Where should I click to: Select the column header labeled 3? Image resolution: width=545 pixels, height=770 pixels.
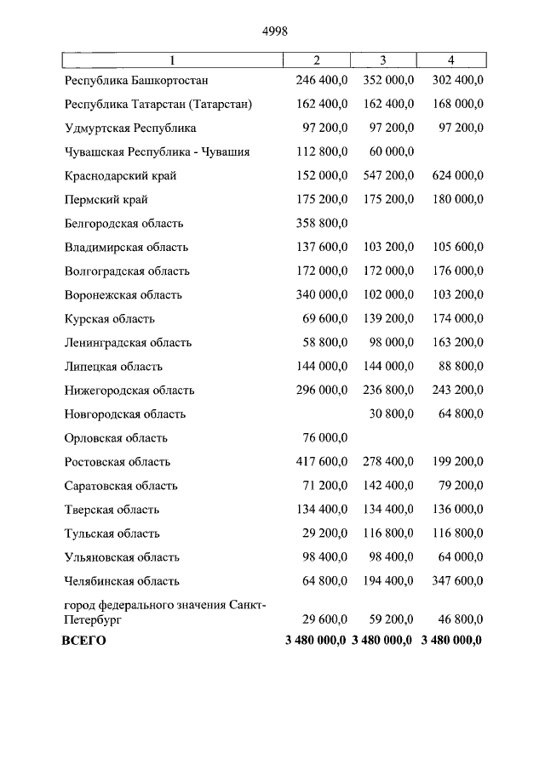[x=383, y=60]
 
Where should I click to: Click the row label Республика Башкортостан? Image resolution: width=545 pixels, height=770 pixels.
[x=136, y=81]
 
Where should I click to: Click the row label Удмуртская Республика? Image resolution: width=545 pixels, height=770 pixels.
[x=129, y=128]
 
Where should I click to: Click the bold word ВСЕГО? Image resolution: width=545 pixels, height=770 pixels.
[x=84, y=640]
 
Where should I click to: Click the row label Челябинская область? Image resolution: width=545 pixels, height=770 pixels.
[x=122, y=581]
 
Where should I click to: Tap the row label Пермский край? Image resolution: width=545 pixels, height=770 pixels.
[x=106, y=200]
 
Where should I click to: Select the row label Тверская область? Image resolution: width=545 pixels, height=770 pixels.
[x=112, y=510]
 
